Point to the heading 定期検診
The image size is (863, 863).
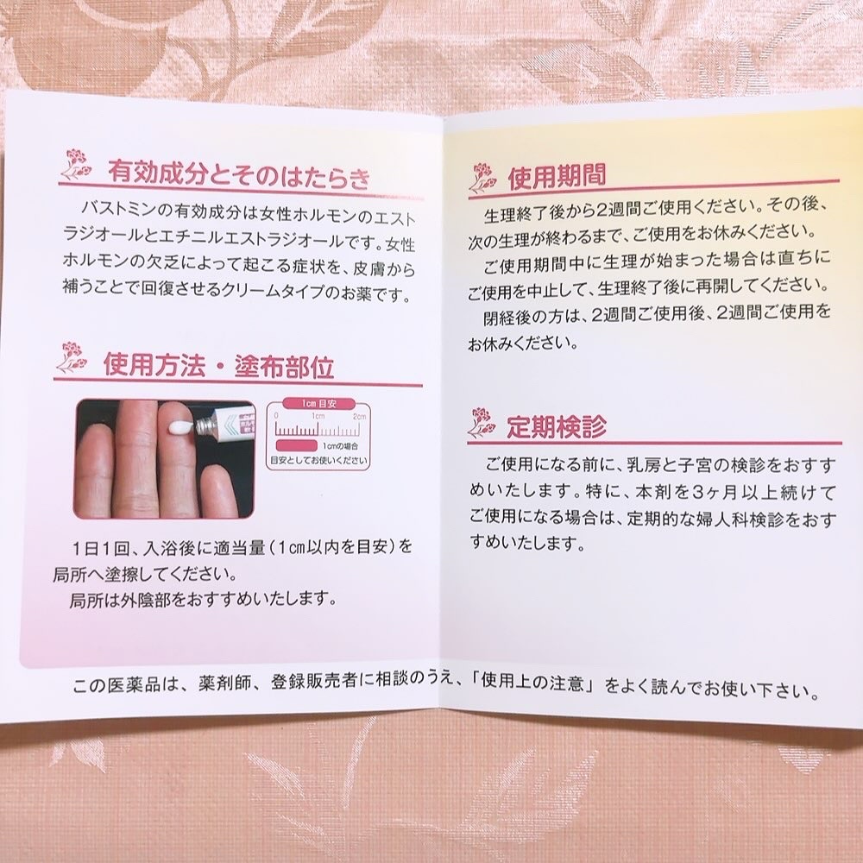pyautogui.click(x=556, y=425)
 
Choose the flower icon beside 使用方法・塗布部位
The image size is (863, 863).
pyautogui.click(x=72, y=356)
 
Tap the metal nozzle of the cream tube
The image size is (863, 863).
pyautogui.click(x=201, y=423)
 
